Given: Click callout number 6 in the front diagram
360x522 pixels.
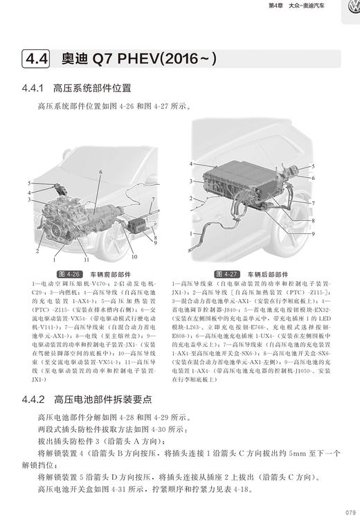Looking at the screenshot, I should [100, 172].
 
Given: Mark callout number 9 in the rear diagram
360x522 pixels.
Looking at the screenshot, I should [314, 234].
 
